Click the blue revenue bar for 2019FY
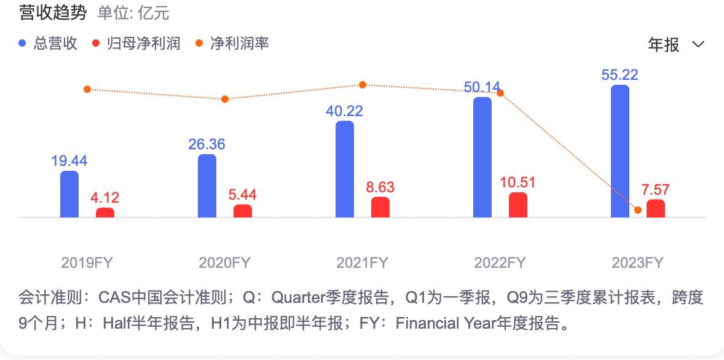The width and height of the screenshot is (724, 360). click(69, 194)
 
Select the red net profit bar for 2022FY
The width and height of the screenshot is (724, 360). click(518, 205)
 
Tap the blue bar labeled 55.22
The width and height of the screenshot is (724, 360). click(620, 151)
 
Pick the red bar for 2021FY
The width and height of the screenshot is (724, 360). click(380, 207)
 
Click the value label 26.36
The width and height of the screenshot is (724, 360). click(207, 144)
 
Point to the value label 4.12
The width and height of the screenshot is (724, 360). click(104, 198)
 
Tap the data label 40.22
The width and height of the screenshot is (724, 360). click(344, 111)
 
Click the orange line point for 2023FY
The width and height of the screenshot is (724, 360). click(638, 210)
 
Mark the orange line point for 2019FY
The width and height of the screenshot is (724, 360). click(87, 89)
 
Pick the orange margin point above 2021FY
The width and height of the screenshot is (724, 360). click(363, 85)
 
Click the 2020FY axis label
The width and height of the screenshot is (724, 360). click(224, 263)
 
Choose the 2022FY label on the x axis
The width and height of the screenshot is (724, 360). click(500, 263)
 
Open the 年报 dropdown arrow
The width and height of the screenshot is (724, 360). click(698, 44)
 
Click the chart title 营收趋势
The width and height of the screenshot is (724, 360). click(53, 12)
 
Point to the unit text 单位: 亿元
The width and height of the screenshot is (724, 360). click(133, 13)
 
